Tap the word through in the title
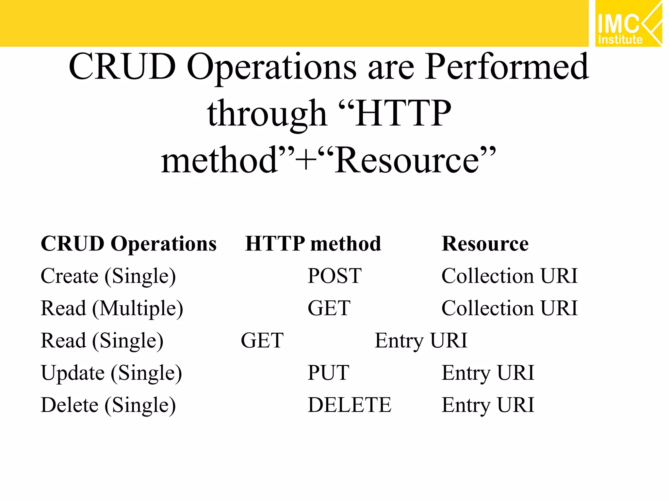267,114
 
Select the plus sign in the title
306,160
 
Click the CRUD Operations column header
128,244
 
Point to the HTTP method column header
313,244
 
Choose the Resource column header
485,244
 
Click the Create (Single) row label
108,276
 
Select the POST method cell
334,276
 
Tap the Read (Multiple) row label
112,309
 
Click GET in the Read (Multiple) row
329,308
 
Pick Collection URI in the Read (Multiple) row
509,308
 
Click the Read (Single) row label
102,341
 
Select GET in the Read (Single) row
262,341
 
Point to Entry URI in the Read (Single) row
421,341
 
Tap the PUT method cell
328,373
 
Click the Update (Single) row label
111,373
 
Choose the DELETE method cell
349,405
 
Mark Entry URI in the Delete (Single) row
488,405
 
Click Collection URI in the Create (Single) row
509,276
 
